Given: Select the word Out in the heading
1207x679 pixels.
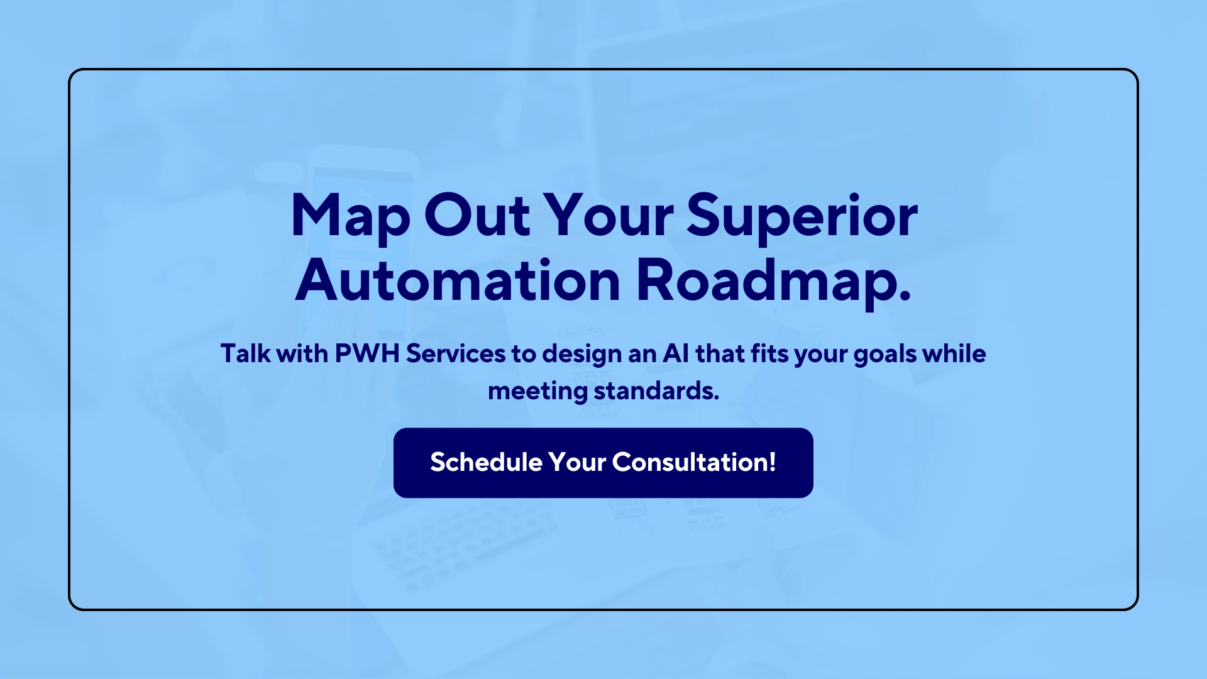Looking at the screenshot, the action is click(477, 215).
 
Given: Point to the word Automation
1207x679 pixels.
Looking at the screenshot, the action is click(458, 280).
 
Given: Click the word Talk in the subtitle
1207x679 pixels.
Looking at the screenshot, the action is click(245, 353).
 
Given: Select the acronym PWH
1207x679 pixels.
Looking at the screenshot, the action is click(367, 353).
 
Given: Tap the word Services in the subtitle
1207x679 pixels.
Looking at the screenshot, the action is click(455, 353).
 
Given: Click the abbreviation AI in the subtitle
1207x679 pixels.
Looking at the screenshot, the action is click(676, 353).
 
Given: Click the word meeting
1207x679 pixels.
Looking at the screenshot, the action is click(537, 392).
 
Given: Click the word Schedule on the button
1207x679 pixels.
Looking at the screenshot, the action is click(486, 462).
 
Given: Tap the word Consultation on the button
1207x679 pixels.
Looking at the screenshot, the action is click(690, 462).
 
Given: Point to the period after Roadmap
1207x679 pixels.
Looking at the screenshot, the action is click(905, 297).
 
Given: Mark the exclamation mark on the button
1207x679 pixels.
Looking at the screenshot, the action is click(773, 462).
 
